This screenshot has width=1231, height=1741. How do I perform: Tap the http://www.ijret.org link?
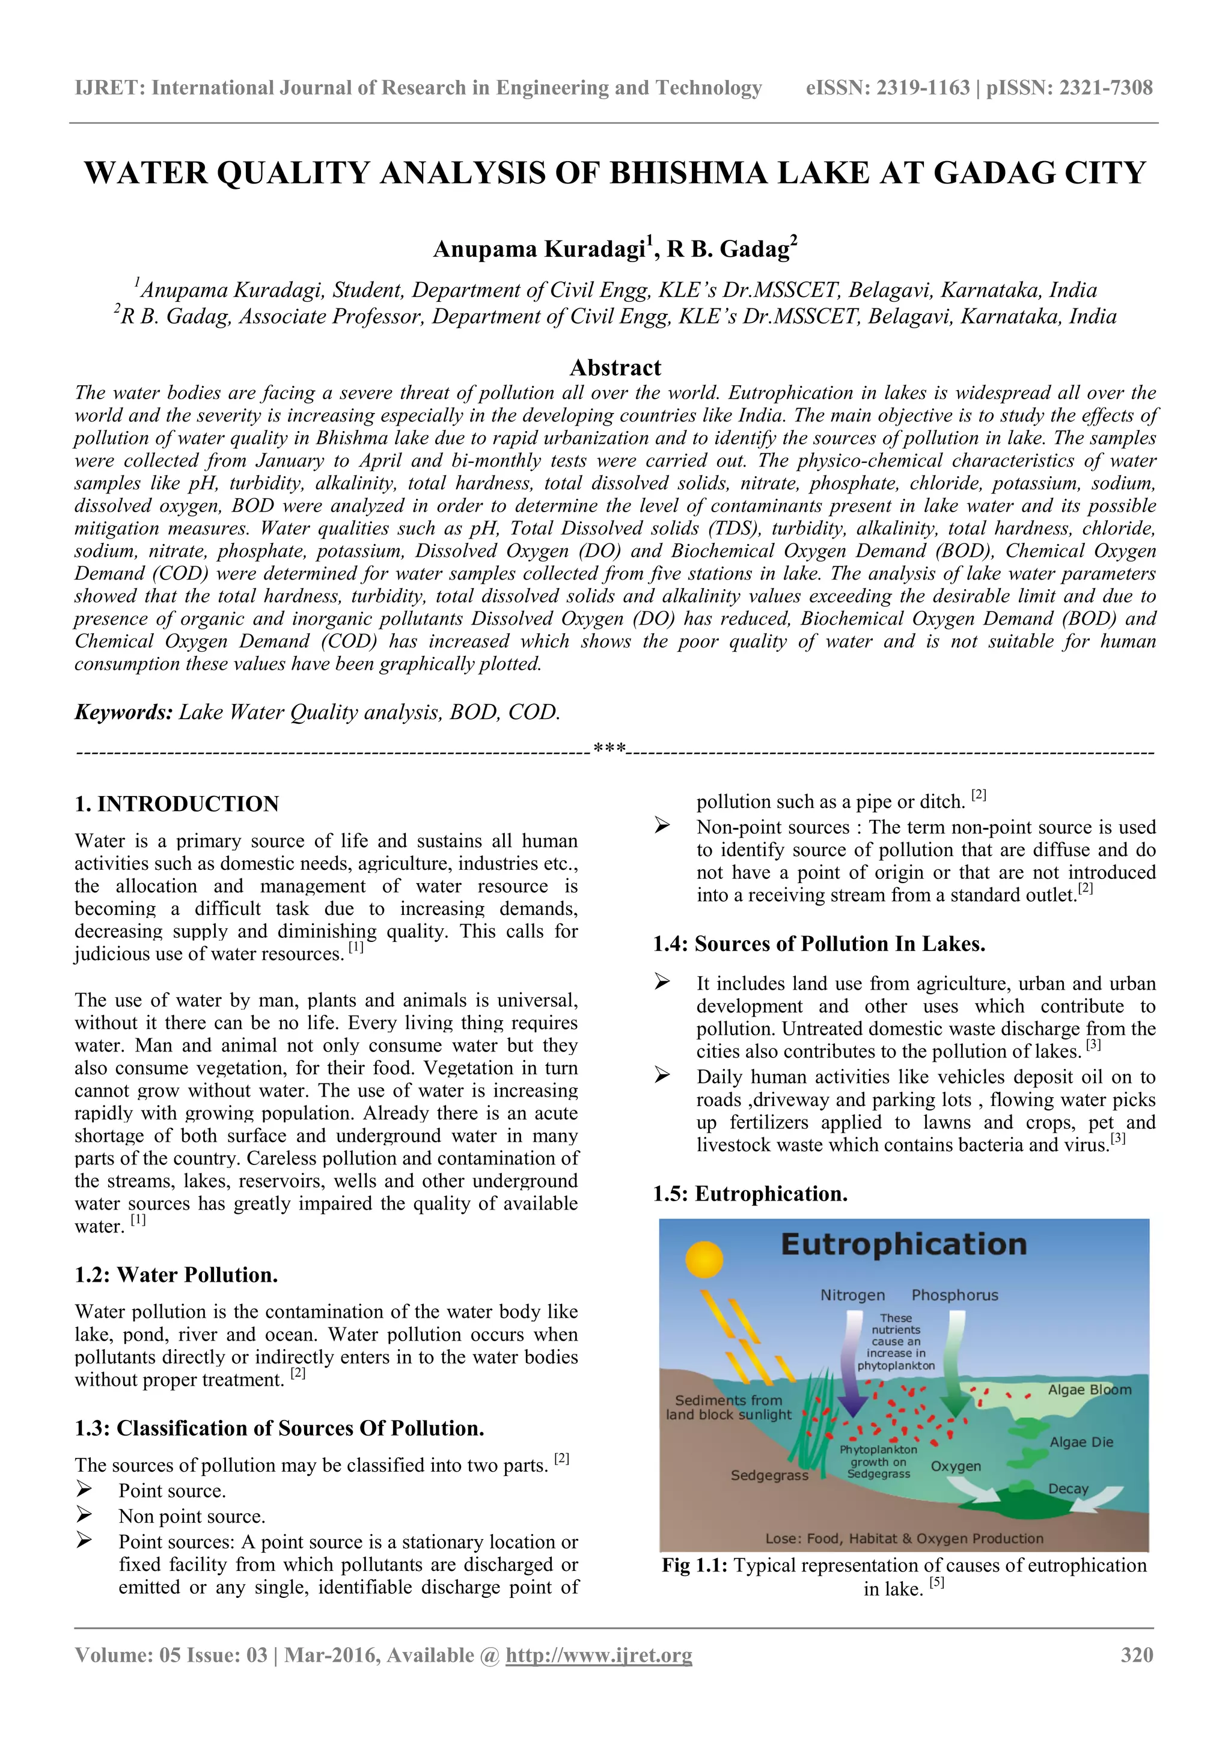[599, 1654]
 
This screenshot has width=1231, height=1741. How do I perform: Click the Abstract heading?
[615, 368]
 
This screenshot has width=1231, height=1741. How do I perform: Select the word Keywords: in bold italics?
[124, 712]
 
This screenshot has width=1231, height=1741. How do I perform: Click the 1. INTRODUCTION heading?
[177, 804]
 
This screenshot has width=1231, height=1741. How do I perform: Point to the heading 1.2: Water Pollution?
[176, 1274]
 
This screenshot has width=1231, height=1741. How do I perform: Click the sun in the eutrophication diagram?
[704, 1259]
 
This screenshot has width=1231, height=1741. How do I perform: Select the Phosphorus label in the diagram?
[955, 1295]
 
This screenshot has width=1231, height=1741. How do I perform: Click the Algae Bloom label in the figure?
[1089, 1390]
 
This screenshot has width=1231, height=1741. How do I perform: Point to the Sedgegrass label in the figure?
[769, 1476]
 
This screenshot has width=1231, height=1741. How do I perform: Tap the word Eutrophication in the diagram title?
[903, 1245]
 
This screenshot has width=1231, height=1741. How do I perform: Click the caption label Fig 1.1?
[694, 1566]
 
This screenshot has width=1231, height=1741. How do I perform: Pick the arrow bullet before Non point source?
[84, 1516]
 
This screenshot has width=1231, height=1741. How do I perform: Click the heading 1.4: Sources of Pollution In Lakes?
[819, 944]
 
